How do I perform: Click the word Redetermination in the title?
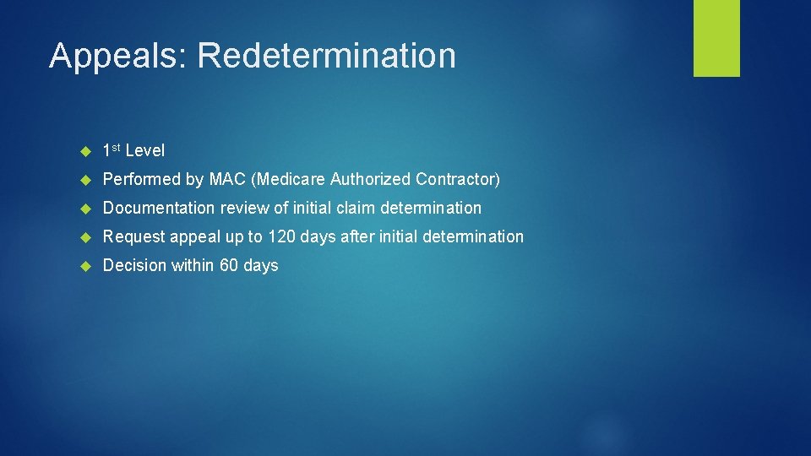[x=326, y=56]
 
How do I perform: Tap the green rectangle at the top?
[x=716, y=38]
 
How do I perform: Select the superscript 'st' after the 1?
[x=117, y=148]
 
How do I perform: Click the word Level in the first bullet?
[x=145, y=151]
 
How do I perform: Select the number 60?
[x=229, y=265]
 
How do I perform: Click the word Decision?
[x=134, y=265]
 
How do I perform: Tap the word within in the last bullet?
[x=193, y=265]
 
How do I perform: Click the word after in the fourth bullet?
[x=358, y=236]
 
